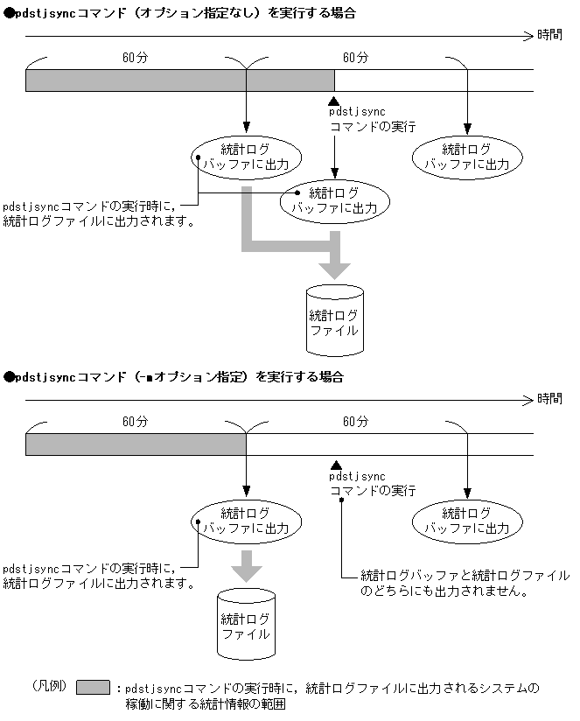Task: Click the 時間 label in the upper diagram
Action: (x=550, y=35)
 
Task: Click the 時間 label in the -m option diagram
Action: (x=550, y=399)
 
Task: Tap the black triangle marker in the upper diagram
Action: (x=334, y=102)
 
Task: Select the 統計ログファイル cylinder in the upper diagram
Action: (x=333, y=318)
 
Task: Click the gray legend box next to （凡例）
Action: (x=93, y=688)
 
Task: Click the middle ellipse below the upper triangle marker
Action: (x=333, y=200)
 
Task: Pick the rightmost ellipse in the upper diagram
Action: (x=466, y=156)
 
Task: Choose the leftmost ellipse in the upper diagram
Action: (x=246, y=156)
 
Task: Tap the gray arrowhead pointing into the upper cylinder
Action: (x=333, y=268)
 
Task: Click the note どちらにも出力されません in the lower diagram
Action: (x=465, y=583)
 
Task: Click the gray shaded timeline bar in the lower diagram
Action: (x=136, y=444)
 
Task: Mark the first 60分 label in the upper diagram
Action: (x=136, y=57)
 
